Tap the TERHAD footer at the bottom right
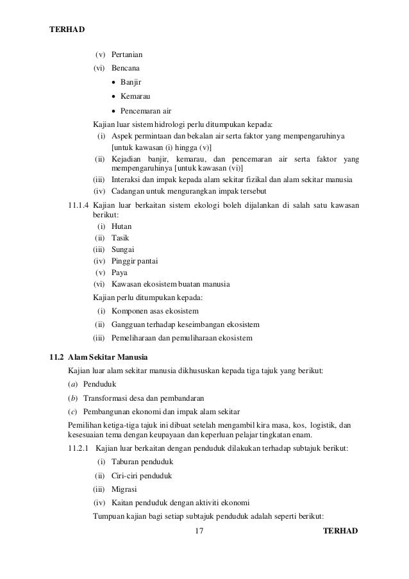(340, 532)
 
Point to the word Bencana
(126, 68)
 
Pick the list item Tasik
(120, 238)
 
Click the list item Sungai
(122, 249)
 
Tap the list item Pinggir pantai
(135, 261)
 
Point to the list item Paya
(119, 273)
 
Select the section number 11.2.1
(79, 448)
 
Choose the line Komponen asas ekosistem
(155, 311)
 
